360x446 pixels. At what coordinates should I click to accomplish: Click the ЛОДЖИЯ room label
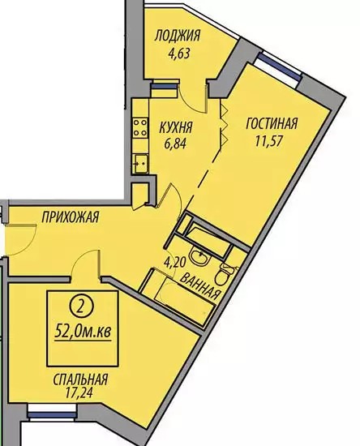pos(177,36)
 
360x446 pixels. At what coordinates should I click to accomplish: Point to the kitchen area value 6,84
pos(175,144)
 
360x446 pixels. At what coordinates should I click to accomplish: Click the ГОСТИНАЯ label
pos(272,124)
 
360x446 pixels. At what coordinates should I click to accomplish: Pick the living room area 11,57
pos(269,141)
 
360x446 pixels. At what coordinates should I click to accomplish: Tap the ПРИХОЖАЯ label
pos(71,217)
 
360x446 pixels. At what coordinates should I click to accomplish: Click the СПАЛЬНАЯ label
pos(80,380)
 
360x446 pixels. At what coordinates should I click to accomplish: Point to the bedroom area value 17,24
pos(79,393)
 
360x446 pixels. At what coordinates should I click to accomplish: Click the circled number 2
pos(81,308)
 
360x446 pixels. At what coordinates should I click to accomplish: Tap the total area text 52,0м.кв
pos(83,332)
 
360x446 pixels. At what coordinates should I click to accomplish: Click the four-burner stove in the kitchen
pos(140,127)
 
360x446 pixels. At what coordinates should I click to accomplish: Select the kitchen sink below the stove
pos(140,163)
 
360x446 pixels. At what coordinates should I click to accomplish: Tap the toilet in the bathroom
pos(225,273)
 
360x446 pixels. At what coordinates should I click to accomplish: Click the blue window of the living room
pos(279,66)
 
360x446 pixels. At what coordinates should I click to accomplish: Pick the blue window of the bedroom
pos(52,414)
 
